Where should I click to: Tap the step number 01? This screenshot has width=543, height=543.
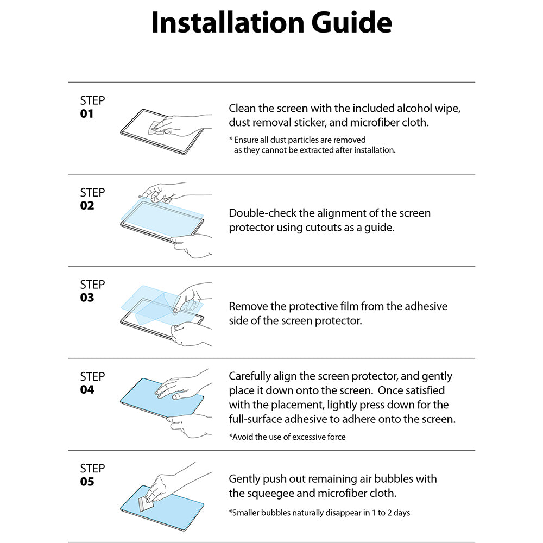[87, 114]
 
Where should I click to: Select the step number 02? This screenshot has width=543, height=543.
[87, 206]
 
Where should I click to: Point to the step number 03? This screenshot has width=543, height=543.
[87, 298]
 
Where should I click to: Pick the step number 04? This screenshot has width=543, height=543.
[87, 389]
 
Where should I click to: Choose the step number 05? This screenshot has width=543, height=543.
[87, 482]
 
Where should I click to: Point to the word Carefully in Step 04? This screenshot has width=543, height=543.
[251, 376]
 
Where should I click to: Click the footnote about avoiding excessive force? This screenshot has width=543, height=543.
[287, 437]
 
